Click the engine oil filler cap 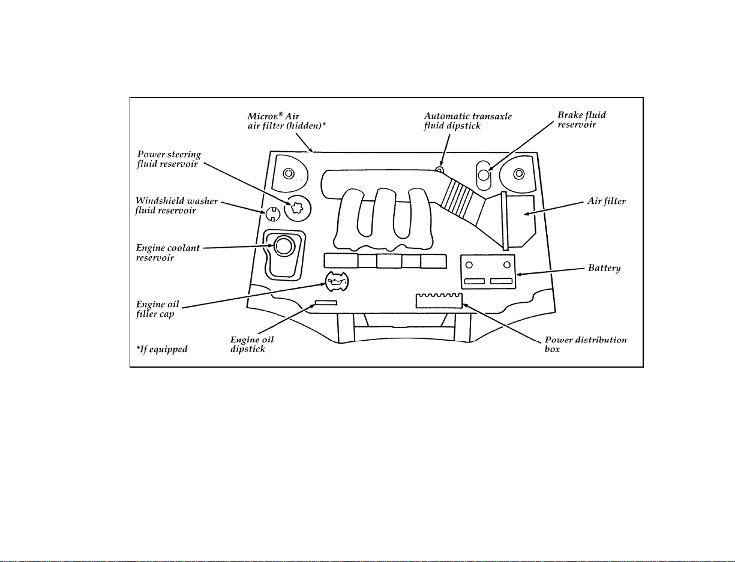337,281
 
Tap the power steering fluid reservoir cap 297,208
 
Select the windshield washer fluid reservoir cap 273,214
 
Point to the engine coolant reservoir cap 284,246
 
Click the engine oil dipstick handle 326,303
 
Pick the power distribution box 439,301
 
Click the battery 488,272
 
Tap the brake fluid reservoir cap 484,175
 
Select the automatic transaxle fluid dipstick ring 440,169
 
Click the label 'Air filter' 607,201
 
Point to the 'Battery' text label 604,268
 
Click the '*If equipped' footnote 162,349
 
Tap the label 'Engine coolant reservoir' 168,253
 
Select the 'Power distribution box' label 586,344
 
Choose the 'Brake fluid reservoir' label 581,119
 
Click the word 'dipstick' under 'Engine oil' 248,349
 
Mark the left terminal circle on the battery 469,265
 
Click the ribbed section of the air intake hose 463,200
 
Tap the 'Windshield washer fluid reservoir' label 176,206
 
